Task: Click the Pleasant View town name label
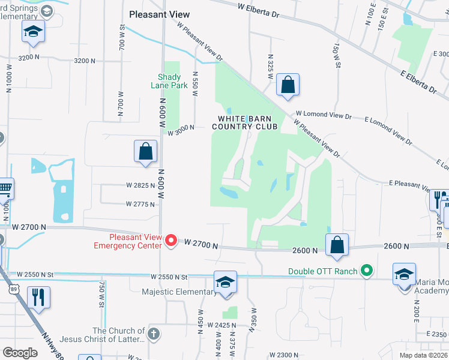click(x=160, y=14)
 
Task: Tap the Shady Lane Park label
click(x=172, y=81)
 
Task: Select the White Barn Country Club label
click(x=244, y=123)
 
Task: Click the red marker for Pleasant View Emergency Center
click(x=170, y=241)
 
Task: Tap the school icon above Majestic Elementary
click(x=226, y=282)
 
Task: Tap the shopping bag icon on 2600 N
click(x=337, y=245)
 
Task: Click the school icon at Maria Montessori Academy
click(x=405, y=274)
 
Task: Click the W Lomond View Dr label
click(x=323, y=114)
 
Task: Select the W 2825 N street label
click(x=140, y=186)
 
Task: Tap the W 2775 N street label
click(x=140, y=204)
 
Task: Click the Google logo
click(x=20, y=353)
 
